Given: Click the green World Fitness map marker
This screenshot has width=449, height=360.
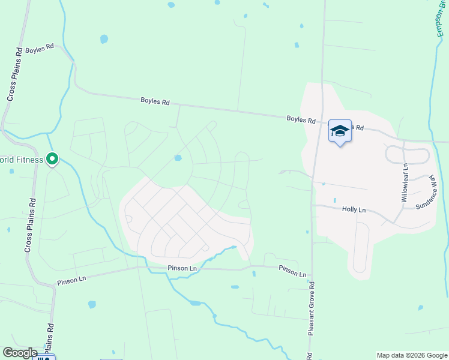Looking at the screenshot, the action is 52,160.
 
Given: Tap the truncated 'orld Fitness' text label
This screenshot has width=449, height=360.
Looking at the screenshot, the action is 22,160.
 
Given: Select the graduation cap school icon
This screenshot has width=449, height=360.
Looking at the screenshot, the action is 339,131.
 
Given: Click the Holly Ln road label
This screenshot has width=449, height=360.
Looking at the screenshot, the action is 354,209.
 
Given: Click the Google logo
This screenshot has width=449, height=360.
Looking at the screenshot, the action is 20,353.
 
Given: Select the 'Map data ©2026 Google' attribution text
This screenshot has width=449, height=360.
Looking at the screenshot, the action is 412,355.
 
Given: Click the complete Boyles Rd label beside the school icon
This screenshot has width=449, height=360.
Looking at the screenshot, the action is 301,120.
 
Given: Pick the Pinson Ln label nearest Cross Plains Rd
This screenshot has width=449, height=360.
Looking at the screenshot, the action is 72,280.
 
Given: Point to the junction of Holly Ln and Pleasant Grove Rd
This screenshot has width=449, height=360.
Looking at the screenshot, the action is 313,205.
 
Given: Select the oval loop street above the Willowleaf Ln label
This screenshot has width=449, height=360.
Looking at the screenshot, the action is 408,155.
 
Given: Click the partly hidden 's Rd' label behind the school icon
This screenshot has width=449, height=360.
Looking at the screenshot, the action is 358,128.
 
